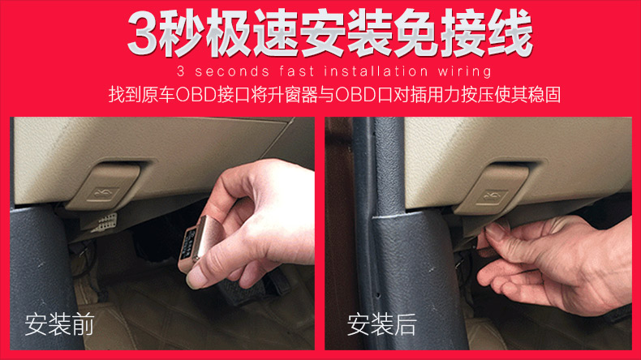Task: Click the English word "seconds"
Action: pyautogui.click(x=232, y=71)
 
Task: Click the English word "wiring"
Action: pyautogui.click(x=464, y=72)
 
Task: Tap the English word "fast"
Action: pyautogui.click(x=297, y=71)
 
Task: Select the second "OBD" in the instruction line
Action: pyautogui.click(x=355, y=95)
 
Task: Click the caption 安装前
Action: pyautogui.click(x=60, y=324)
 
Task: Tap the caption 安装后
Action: pyautogui.click(x=382, y=324)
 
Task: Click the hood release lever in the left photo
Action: pyautogui.click(x=104, y=186)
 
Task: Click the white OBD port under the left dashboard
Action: pyautogui.click(x=103, y=223)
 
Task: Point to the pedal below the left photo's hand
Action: pyautogui.click(x=241, y=292)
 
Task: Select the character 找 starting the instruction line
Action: pyautogui.click(x=117, y=95)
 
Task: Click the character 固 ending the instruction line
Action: pyautogui.click(x=553, y=95)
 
